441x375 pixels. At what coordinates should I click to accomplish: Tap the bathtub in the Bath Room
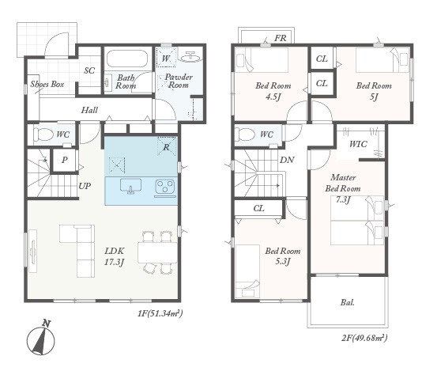[127, 59]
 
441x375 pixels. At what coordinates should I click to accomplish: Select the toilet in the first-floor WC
[44, 134]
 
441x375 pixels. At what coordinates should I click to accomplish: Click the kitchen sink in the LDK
[130, 186]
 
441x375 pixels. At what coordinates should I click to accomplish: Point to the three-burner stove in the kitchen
[165, 188]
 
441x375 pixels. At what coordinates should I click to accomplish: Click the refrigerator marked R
[167, 146]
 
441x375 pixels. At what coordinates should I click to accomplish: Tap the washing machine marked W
[166, 58]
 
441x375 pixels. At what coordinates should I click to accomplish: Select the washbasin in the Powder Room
[191, 57]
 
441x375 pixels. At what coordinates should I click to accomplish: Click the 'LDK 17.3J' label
[115, 256]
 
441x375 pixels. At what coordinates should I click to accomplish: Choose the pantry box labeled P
[64, 160]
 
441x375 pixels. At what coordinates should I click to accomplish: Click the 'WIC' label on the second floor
[358, 145]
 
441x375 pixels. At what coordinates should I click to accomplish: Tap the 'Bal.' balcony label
[348, 303]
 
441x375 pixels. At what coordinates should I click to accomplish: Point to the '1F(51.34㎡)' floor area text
[160, 313]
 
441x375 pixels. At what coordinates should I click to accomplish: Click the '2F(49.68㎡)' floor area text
[364, 338]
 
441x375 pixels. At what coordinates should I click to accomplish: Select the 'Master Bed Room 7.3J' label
[343, 188]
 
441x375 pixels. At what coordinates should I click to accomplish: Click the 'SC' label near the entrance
[89, 70]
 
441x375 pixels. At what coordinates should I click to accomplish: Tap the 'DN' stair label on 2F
[287, 160]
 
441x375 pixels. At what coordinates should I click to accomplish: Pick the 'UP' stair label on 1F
[85, 186]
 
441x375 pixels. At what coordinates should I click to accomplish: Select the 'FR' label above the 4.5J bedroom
[280, 38]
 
